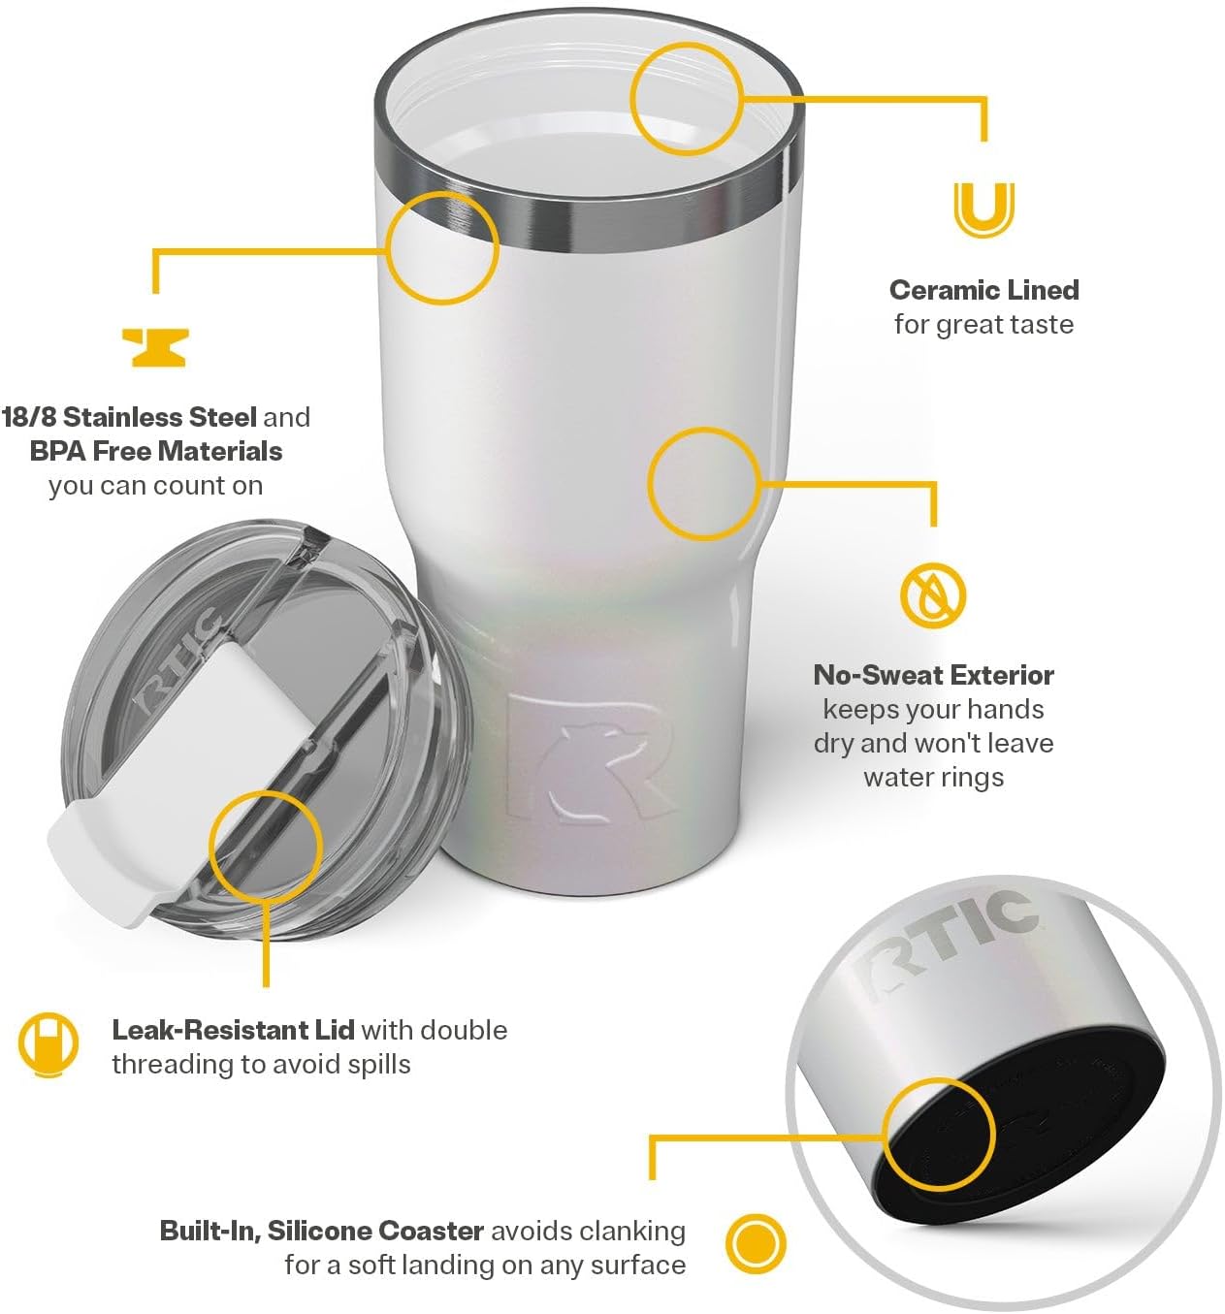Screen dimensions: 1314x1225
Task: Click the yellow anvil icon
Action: coord(155,347)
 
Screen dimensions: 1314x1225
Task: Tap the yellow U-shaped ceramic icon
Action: coord(983,208)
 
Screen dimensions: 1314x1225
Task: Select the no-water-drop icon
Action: coord(933,594)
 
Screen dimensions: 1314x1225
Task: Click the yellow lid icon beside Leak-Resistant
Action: coord(48,1044)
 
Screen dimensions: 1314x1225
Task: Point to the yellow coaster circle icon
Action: coord(756,1243)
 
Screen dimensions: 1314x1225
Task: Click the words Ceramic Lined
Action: coord(983,290)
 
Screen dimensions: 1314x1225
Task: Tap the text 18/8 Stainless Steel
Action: coord(129,417)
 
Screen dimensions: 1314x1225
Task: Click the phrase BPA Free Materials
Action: coord(155,451)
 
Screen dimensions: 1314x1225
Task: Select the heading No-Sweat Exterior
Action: coord(933,675)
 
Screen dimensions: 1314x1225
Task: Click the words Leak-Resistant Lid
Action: coord(233,1030)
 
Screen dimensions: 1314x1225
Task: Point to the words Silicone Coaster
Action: coord(375,1231)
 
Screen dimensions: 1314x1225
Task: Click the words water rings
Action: coord(933,777)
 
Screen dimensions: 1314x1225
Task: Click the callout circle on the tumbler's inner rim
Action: coord(686,98)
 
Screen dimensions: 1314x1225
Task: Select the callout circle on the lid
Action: coord(265,845)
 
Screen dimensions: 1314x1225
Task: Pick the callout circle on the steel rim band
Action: coord(442,247)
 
